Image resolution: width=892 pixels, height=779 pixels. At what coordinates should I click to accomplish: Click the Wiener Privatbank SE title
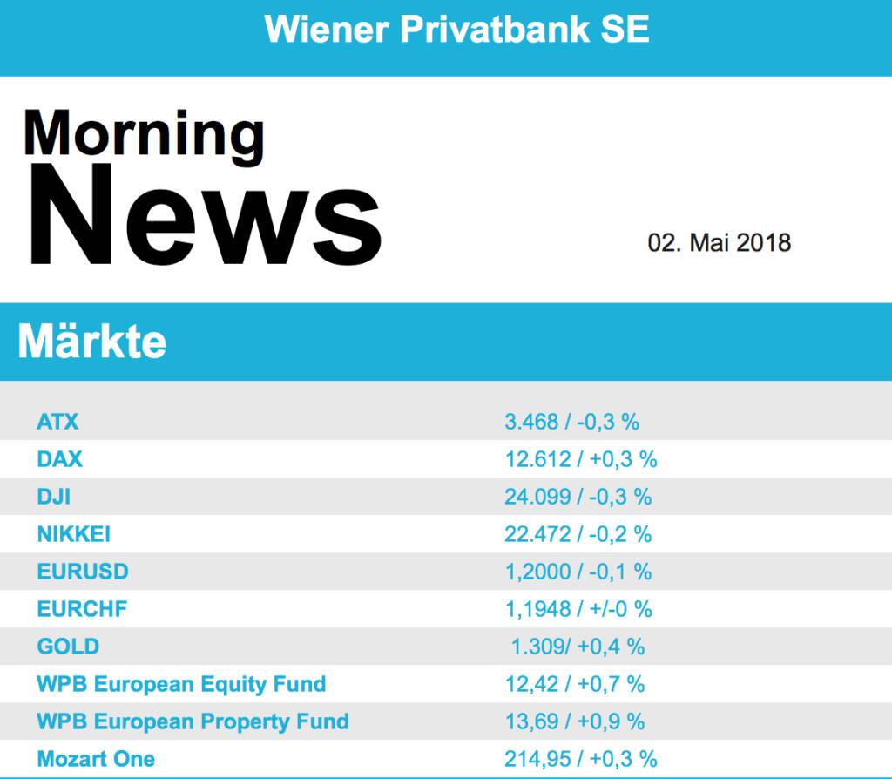[x=456, y=30]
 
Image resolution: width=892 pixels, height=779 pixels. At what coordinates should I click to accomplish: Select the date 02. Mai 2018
[x=719, y=242]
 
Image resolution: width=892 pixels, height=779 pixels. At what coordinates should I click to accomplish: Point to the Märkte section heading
[x=92, y=342]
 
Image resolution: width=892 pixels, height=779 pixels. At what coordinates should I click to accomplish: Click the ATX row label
[x=57, y=422]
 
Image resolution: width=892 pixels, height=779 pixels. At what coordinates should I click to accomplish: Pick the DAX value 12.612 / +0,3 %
[x=580, y=459]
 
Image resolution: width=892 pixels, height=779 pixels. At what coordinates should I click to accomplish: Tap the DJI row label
[x=54, y=497]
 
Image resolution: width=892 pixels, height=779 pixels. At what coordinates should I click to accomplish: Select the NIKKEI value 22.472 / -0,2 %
[x=578, y=534]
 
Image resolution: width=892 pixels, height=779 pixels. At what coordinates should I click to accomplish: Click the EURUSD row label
[x=83, y=572]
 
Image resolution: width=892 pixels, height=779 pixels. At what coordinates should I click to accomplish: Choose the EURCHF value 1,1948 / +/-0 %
[x=578, y=609]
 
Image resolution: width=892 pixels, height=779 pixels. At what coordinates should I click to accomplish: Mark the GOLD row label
[x=68, y=647]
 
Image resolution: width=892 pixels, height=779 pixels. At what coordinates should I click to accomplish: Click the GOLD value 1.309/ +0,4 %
[x=578, y=647]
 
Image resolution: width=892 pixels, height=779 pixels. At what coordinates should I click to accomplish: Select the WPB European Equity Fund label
[x=181, y=684]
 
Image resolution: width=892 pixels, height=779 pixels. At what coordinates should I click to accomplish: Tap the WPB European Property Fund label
[x=193, y=721]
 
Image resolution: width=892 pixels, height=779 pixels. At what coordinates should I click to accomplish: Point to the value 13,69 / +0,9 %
[x=575, y=721]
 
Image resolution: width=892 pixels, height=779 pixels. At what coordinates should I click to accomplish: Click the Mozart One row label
[x=96, y=759]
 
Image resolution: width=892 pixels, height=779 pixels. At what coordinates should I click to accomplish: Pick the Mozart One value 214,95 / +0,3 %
[x=580, y=759]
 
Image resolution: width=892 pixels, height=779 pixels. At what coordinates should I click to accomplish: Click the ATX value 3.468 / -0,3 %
[x=571, y=422]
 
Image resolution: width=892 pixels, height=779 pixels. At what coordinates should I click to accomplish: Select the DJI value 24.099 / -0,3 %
[x=578, y=497]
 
